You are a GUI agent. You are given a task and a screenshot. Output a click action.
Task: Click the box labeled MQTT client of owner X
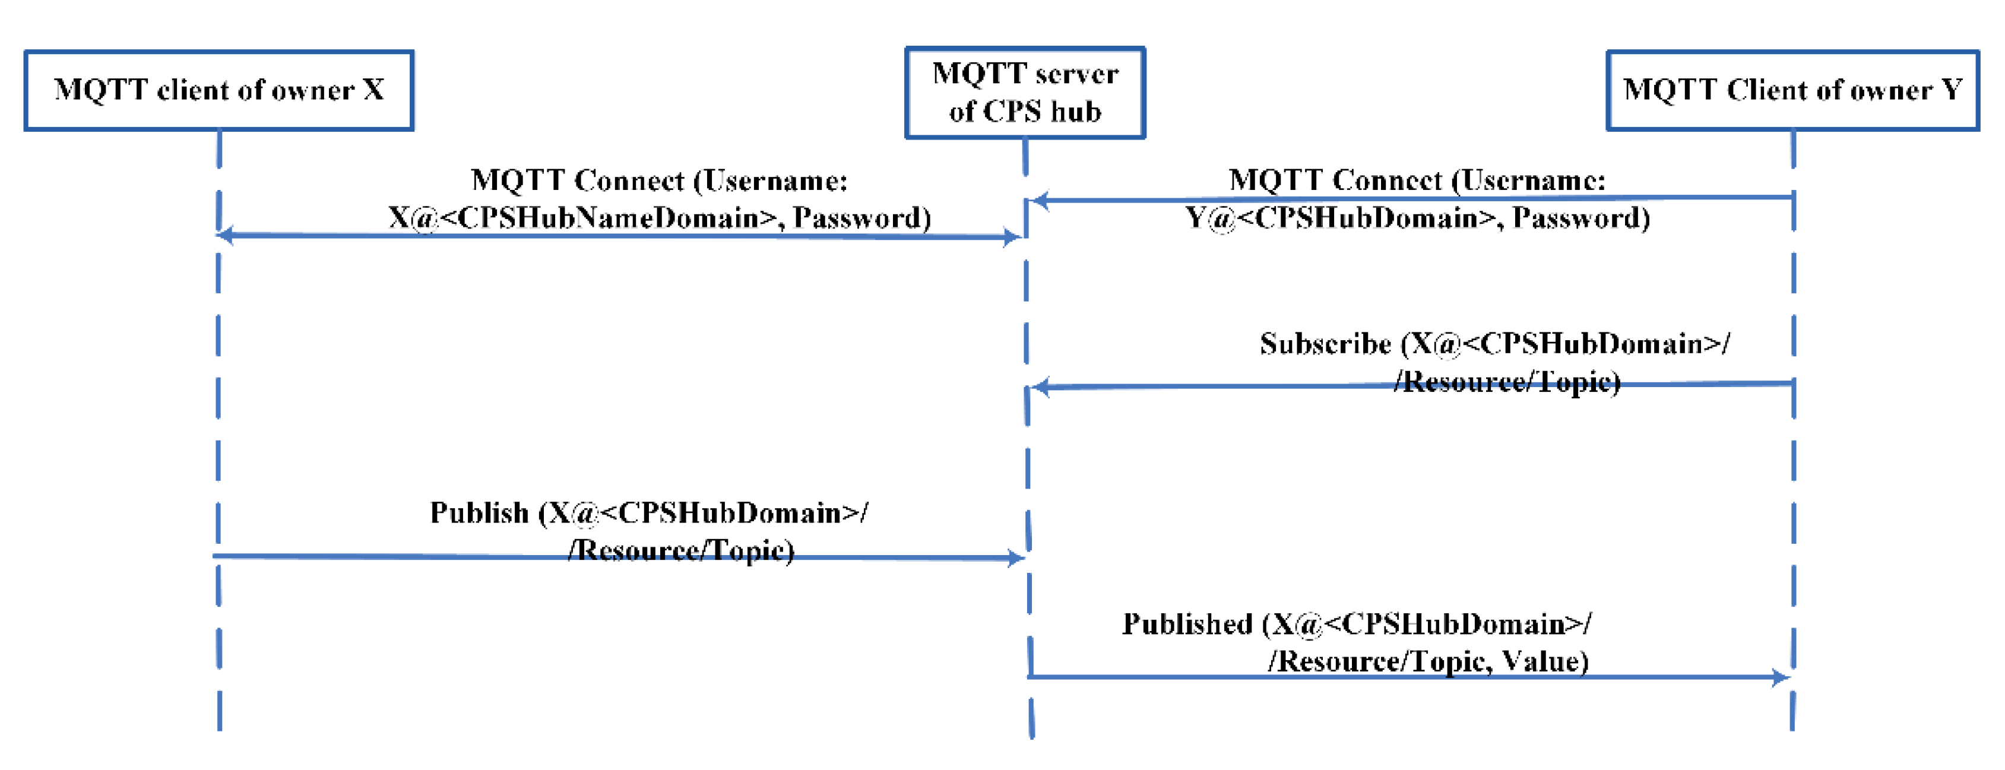(x=218, y=90)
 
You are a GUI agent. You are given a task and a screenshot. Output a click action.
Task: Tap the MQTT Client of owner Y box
(x=1792, y=90)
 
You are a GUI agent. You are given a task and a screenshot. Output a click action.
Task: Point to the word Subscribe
(x=1325, y=344)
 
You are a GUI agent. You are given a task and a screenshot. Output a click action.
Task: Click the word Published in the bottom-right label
(x=1187, y=625)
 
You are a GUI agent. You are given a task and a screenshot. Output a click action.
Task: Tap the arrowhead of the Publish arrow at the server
(x=1015, y=557)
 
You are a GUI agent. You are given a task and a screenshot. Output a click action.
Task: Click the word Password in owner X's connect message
(x=856, y=218)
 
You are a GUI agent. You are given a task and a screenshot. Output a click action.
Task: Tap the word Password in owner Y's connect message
(x=1575, y=218)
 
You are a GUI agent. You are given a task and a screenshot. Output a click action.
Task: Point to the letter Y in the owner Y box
(x=1952, y=90)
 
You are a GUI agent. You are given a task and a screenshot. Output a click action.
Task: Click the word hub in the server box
(x=1076, y=112)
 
